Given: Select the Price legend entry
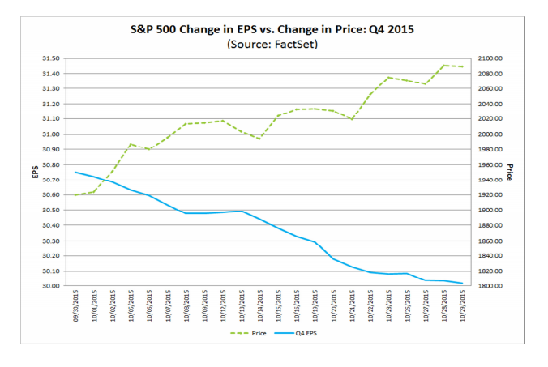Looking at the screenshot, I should pyautogui.click(x=253, y=333).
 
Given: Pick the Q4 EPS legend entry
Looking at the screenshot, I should pyautogui.click(x=302, y=333).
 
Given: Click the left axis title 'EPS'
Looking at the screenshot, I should pyautogui.click(x=35, y=172).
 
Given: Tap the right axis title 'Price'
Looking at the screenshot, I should pyautogui.click(x=511, y=172).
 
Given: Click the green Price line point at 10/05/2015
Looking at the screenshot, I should pyautogui.click(x=131, y=144).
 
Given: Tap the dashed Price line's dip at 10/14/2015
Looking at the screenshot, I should pyautogui.click(x=259, y=139).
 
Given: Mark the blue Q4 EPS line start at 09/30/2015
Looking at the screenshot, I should pyautogui.click(x=75, y=172).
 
